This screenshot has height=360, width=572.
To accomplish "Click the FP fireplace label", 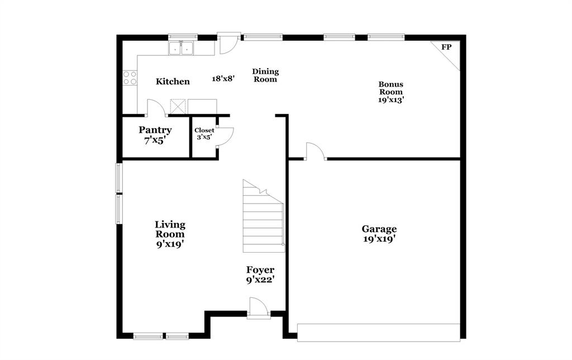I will [446, 48].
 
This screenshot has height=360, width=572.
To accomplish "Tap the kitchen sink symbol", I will [180, 49].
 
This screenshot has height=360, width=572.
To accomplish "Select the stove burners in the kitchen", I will [130, 78].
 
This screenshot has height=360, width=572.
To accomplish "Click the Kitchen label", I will [173, 82].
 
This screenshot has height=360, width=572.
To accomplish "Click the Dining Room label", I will [265, 75].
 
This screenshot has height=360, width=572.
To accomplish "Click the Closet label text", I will [204, 130].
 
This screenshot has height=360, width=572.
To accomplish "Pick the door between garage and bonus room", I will [314, 151].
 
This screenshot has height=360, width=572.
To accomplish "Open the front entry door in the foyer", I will [259, 308].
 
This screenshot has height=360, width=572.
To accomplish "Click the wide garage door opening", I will [378, 332].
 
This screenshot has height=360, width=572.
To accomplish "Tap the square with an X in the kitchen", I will [178, 106].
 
